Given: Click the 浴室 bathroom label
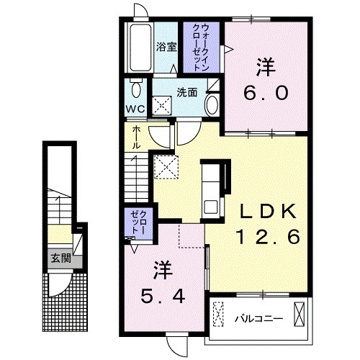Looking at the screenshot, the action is [x=166, y=47].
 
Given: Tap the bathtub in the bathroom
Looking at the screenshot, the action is [x=141, y=47].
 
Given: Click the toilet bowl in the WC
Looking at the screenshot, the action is [x=136, y=89].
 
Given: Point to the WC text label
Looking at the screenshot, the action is [x=135, y=109].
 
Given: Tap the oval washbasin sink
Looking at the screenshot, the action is [x=212, y=105].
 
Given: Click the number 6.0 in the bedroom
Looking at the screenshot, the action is [x=266, y=93].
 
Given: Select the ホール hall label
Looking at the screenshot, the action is [x=136, y=138].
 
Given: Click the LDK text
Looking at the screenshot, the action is [x=268, y=211].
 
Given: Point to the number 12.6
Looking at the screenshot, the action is [x=269, y=236].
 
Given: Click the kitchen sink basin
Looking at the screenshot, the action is [x=210, y=207].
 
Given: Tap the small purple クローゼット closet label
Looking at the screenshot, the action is [x=138, y=222].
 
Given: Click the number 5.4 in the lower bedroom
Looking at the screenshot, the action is [x=163, y=297].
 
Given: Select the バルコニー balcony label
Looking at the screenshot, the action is [x=259, y=319].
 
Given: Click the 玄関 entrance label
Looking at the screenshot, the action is [x=60, y=258].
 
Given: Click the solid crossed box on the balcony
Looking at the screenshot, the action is [x=299, y=315].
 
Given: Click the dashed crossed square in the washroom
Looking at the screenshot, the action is [x=163, y=105].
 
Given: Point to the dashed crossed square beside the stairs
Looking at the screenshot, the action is [x=166, y=167].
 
